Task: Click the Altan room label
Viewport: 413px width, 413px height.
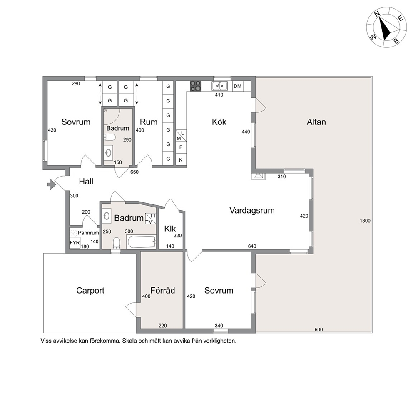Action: coord(316,122)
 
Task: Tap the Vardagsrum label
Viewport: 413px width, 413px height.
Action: coord(252,210)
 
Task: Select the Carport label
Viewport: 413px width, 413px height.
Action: coord(90,291)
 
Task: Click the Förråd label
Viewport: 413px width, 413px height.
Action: coord(162,290)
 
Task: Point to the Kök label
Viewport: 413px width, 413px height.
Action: coord(219,122)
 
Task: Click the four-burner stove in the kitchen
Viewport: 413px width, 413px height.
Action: coord(195,86)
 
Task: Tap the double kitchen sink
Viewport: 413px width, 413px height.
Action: coord(220,86)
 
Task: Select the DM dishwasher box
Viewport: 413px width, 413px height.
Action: coord(238,86)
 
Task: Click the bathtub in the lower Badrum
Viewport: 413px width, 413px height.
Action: coord(142,242)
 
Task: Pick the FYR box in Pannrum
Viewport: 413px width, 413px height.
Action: coord(75,243)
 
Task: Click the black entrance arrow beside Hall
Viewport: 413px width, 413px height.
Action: coord(51,184)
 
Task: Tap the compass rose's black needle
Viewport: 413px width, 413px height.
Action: coord(384,28)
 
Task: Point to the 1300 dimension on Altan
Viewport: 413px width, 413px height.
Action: coord(365,221)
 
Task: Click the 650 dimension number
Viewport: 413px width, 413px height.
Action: coord(134,172)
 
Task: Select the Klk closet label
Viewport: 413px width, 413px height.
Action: coord(170,229)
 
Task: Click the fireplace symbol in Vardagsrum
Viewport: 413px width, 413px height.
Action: coord(259,176)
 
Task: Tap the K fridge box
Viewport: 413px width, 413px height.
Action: coord(181,160)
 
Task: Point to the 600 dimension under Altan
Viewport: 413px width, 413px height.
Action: coord(318,329)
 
